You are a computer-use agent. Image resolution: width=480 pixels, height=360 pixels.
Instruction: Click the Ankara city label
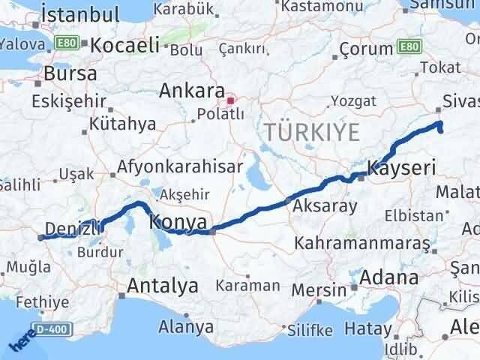[192, 91]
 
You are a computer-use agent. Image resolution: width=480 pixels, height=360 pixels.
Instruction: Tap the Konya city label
[178, 222]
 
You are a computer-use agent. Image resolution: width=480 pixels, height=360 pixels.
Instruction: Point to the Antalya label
[163, 286]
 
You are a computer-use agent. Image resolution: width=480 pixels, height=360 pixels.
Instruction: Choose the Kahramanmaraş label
[362, 244]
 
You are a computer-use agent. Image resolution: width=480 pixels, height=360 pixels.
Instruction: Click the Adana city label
[388, 277]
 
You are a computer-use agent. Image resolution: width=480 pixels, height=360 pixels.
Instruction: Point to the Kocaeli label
[124, 45]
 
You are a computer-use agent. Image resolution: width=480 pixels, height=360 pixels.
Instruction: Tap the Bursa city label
[70, 73]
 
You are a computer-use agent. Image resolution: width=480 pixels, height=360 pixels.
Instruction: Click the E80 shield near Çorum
[409, 47]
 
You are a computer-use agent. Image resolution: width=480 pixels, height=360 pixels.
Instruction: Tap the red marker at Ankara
[232, 97]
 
